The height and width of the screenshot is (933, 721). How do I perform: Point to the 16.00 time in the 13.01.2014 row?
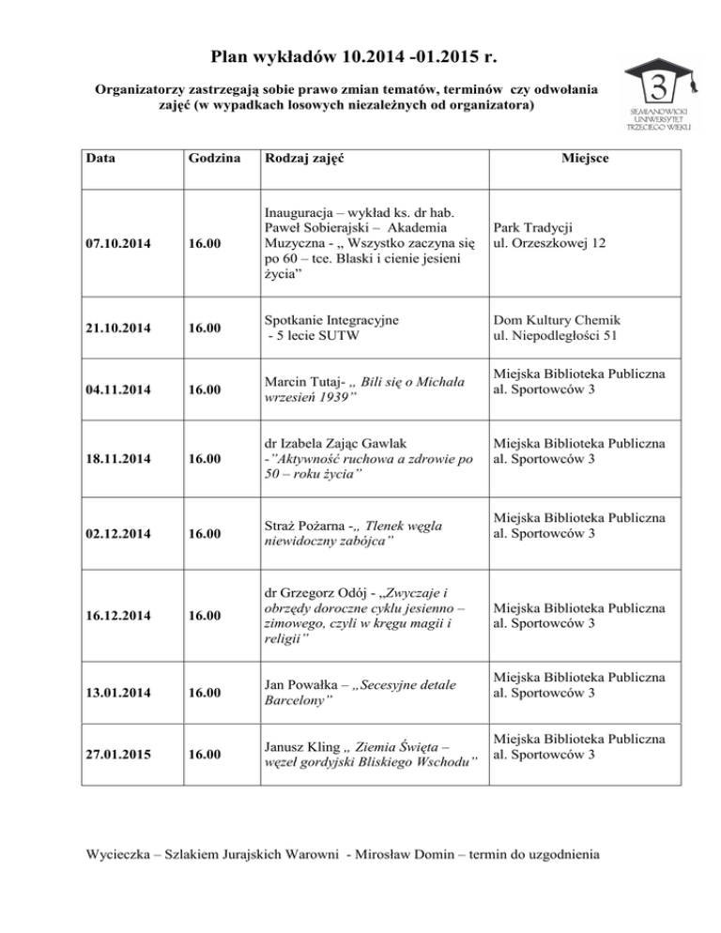tap(207, 696)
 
